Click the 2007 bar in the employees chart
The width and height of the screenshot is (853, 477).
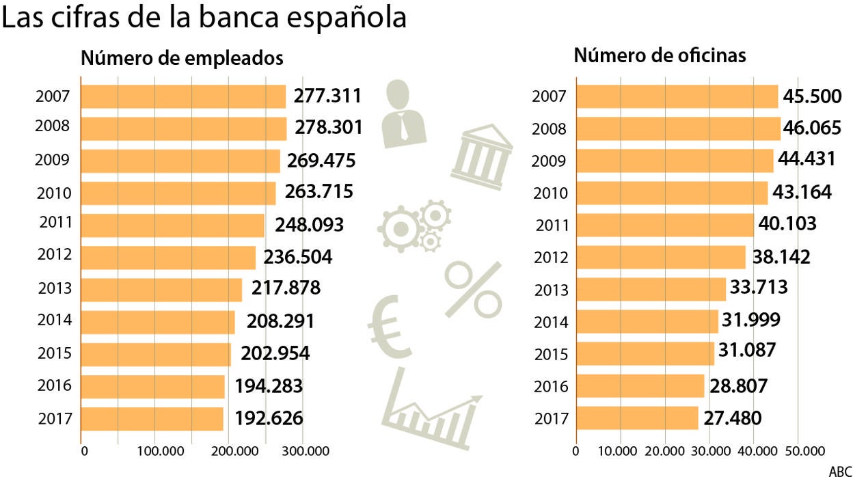[x=183, y=96]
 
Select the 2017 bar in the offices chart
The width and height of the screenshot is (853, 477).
[x=637, y=418]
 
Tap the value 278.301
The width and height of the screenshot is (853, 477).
[x=328, y=128]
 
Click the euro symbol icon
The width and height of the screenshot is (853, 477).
[x=390, y=324]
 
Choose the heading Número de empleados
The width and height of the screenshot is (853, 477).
[x=182, y=58]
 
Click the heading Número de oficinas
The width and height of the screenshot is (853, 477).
[x=660, y=55]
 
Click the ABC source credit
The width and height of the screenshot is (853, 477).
[x=840, y=471]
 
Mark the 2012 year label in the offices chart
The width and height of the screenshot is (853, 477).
[x=550, y=258]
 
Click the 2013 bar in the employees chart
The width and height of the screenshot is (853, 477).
[x=161, y=290]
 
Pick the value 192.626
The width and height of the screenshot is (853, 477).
[x=269, y=418]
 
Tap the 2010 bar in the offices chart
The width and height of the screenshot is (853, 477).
[x=672, y=193]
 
